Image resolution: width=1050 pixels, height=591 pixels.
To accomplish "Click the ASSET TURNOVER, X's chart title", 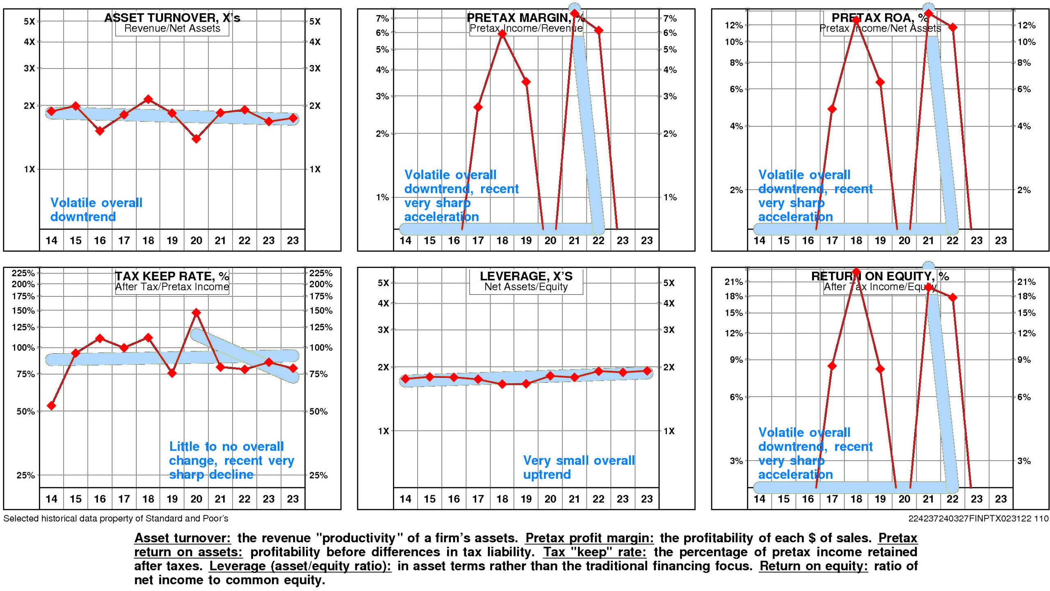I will tap(172, 18).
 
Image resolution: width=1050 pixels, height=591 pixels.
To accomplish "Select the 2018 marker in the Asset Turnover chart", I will tap(148, 99).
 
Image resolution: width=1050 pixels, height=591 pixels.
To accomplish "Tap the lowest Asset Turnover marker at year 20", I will tap(196, 139).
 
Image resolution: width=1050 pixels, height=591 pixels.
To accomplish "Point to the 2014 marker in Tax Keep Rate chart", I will tap(51, 406).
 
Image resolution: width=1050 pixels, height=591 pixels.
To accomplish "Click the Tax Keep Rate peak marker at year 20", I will tap(196, 313).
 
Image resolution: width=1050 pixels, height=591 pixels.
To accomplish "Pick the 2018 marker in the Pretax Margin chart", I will tap(502, 34).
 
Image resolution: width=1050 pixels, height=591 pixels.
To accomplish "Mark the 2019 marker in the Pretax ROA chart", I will tap(880, 82).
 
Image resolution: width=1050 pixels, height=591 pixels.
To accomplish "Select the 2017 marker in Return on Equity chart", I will tap(832, 366).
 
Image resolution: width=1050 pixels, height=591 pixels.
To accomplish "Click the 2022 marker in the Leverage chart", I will tap(599, 371).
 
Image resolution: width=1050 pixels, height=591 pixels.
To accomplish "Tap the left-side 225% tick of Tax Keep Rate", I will tap(23, 273).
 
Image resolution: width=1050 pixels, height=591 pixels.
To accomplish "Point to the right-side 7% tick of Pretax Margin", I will tap(670, 18).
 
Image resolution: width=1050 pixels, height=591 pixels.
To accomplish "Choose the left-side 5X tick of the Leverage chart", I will tap(383, 283).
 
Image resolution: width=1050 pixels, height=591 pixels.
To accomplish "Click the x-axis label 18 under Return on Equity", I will tap(856, 499).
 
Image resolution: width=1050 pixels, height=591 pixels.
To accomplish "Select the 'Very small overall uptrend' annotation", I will tap(578, 467).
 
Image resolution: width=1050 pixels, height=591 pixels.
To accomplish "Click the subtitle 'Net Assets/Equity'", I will tap(526, 287).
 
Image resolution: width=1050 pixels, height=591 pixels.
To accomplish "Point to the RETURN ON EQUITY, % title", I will tap(880, 276).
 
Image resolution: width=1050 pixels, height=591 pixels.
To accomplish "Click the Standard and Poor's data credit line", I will tap(116, 518).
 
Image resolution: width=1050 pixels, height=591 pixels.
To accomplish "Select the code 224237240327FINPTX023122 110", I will tap(978, 518).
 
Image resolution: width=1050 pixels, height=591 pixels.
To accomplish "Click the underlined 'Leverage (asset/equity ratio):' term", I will tap(300, 566).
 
